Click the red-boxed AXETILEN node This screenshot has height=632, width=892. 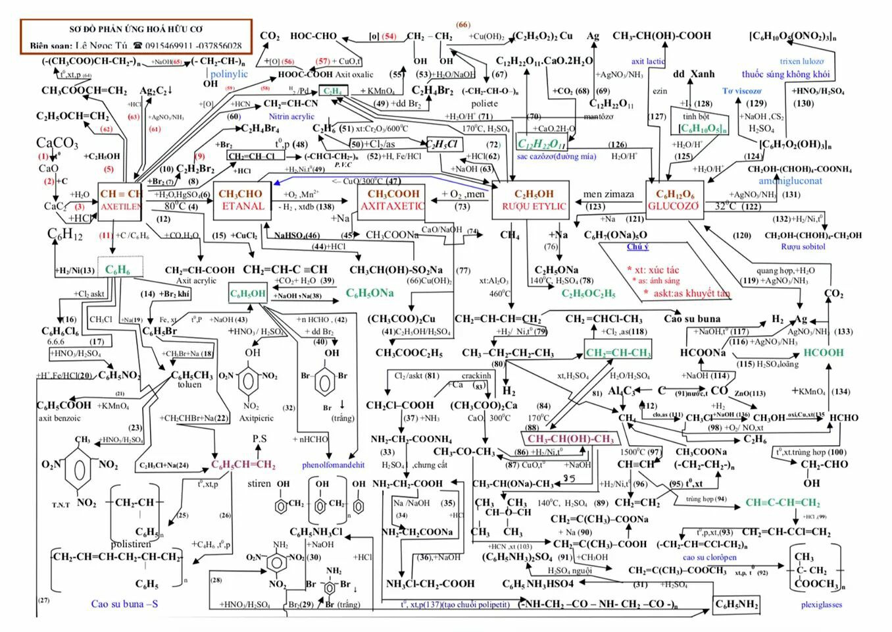click(120, 200)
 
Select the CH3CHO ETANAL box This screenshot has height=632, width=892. click(242, 200)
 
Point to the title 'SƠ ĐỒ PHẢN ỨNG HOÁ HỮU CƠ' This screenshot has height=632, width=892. click(136, 30)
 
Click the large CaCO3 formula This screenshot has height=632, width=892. click(57, 144)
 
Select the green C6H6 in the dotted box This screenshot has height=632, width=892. click(118, 270)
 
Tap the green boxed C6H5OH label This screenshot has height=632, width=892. click(247, 294)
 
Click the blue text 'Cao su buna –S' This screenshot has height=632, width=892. click(124, 604)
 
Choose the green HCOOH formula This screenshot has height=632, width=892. click(822, 353)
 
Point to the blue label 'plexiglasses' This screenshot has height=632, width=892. click(821, 604)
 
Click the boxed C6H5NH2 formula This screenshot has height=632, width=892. click(737, 604)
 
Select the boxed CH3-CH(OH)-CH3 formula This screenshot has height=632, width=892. click(570, 439)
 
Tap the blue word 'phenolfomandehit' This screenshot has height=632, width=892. click(333, 465)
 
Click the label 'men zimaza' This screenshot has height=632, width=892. click(608, 194)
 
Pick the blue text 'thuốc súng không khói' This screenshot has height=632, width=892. click(785, 74)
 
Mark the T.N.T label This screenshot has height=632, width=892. click(61, 505)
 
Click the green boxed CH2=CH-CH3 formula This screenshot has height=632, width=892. click(618, 353)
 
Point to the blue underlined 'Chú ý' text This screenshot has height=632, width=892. click(637, 247)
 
